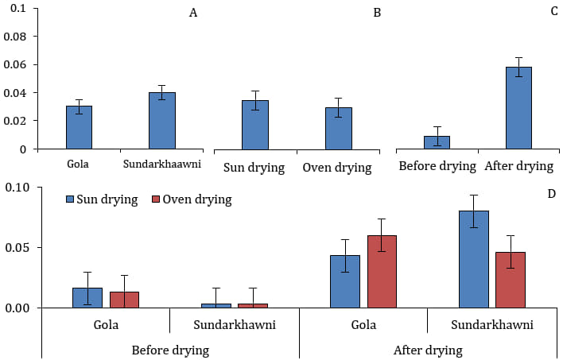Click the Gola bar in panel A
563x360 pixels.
[79, 127]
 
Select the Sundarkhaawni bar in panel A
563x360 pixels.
[162, 121]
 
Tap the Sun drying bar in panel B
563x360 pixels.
[255, 125]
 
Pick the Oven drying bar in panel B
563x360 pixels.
[339, 129]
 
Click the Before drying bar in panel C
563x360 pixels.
[437, 142]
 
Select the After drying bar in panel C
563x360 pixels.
[518, 108]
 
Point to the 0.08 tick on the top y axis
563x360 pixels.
[37, 37]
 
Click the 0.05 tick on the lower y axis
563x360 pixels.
[41, 248]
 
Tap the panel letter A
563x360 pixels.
[193, 13]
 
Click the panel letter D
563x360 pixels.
[552, 194]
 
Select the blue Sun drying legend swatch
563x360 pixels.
[70, 199]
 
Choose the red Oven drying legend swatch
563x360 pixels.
[156, 199]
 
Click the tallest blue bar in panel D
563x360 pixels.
[474, 260]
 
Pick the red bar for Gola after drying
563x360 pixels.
[382, 272]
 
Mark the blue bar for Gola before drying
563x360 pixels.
[87, 298]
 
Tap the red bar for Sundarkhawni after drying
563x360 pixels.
[511, 280]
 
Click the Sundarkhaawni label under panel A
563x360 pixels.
[162, 164]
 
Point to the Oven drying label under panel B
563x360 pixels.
[337, 168]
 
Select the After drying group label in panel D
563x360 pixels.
[428, 350]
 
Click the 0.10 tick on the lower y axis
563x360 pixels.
[41, 188]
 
